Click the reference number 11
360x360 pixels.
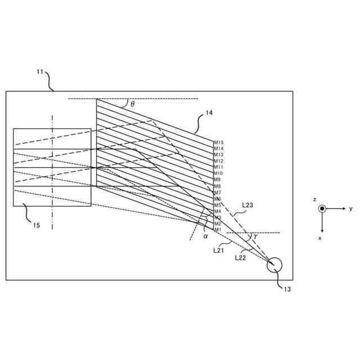click(x=39, y=71)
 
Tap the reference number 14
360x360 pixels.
click(x=209, y=113)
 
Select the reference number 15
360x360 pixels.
click(x=36, y=226)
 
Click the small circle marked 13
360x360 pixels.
click(x=274, y=264)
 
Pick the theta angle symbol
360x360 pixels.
click(x=132, y=104)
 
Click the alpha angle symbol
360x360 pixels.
click(x=205, y=236)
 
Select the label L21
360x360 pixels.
click(x=219, y=250)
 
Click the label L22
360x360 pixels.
click(x=241, y=258)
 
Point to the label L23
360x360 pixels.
click(x=247, y=205)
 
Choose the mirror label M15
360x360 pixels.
click(x=219, y=142)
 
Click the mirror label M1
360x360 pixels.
click(x=218, y=229)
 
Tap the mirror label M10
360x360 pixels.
click(x=219, y=173)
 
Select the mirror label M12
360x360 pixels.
click(x=219, y=161)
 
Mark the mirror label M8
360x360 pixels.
click(x=218, y=186)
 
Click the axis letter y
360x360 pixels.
click(x=350, y=209)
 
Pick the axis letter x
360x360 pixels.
click(x=320, y=238)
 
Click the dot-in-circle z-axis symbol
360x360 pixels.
click(x=322, y=209)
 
